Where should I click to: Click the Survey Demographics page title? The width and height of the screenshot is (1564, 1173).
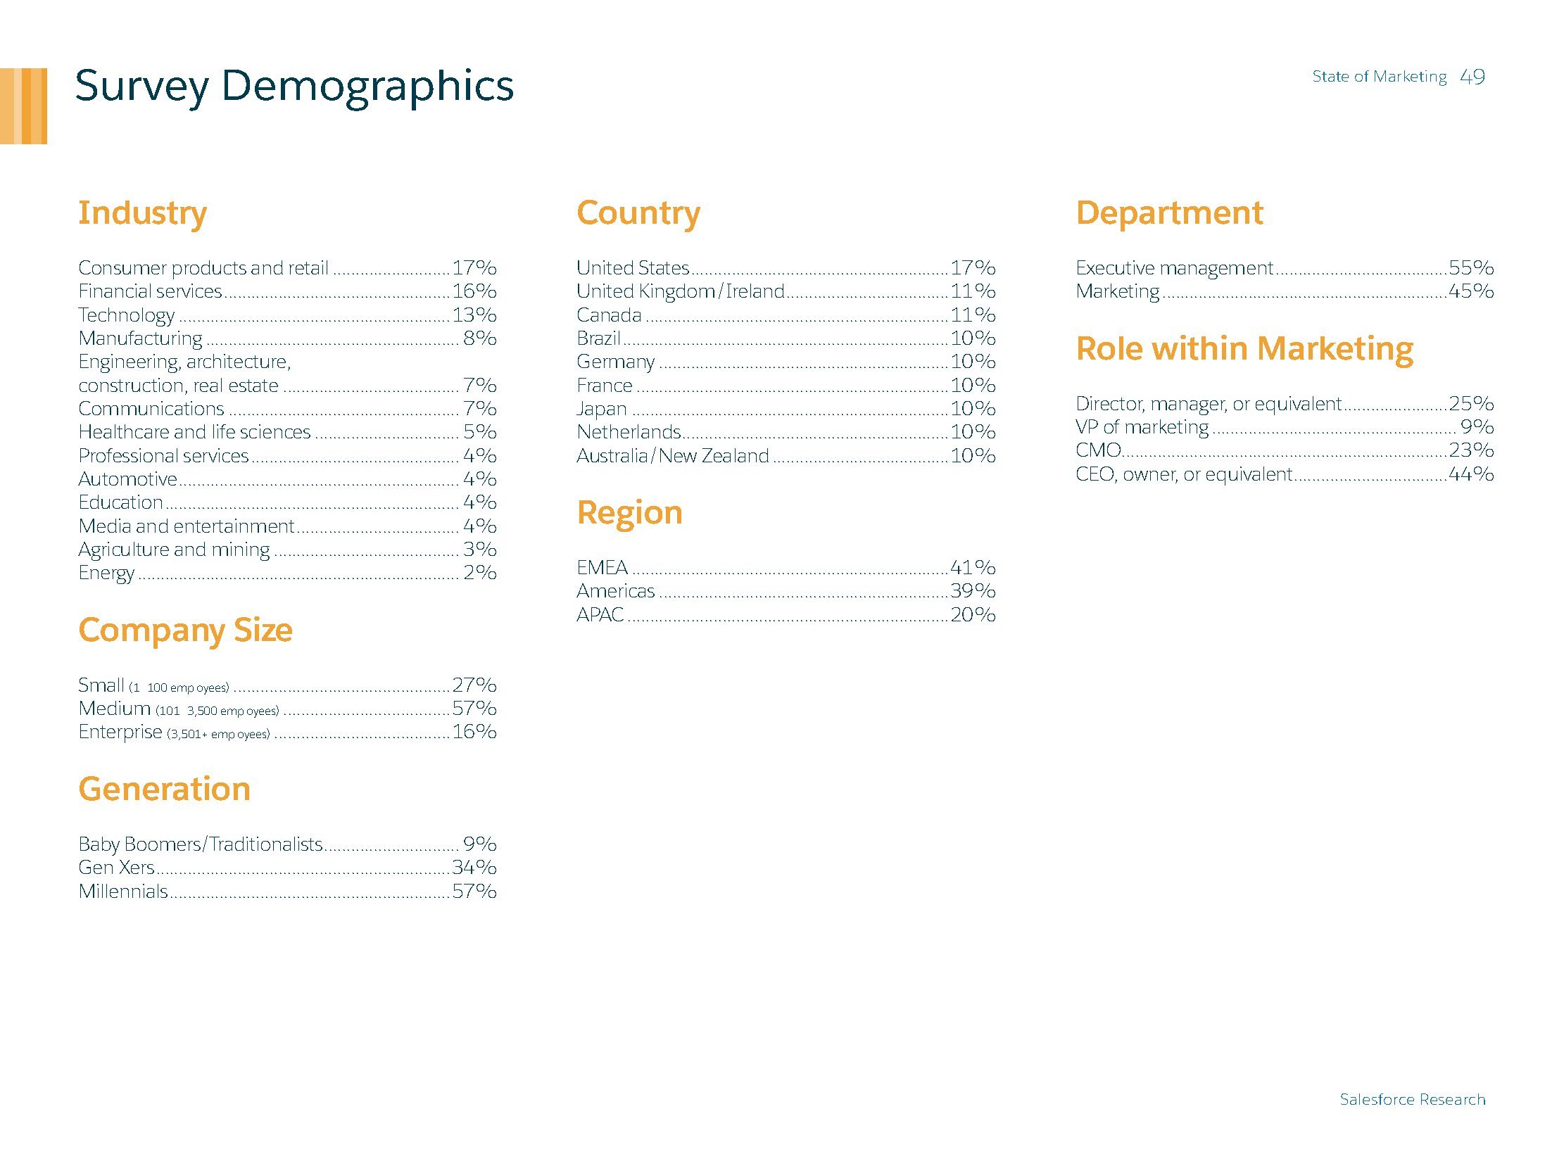click(x=294, y=87)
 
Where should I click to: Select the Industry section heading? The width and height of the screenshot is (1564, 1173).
click(x=142, y=213)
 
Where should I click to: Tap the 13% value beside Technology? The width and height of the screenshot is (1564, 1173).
click(x=474, y=315)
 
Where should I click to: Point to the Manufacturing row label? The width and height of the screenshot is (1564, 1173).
click(x=140, y=338)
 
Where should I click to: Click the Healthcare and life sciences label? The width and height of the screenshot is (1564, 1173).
click(x=194, y=432)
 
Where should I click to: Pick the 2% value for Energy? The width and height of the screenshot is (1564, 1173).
click(x=479, y=572)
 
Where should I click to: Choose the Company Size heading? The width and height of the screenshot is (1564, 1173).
click(x=185, y=630)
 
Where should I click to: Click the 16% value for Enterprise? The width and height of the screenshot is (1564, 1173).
click(x=474, y=732)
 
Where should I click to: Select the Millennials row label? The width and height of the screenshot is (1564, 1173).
click(x=123, y=891)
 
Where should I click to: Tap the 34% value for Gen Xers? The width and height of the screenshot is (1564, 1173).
click(x=474, y=867)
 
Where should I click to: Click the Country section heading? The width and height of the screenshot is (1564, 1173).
click(x=638, y=213)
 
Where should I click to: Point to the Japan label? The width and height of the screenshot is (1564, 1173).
click(x=601, y=409)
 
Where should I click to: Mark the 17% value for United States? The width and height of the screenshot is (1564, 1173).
click(x=972, y=268)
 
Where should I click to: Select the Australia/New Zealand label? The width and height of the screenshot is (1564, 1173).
click(x=671, y=456)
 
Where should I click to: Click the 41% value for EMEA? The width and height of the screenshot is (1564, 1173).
click(x=972, y=567)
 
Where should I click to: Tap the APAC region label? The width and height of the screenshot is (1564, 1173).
click(x=600, y=614)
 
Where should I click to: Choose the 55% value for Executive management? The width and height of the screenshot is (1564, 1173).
click(x=1470, y=268)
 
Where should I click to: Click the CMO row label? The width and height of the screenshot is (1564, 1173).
click(x=1097, y=450)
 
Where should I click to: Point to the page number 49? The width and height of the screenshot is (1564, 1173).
click(x=1472, y=77)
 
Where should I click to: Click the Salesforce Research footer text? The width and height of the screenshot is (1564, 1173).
click(x=1412, y=1099)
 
